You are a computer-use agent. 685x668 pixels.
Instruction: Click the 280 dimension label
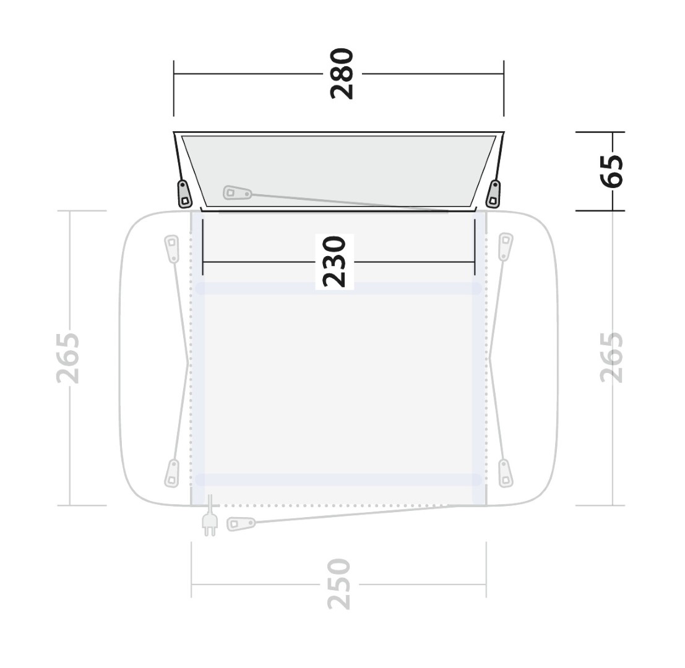click(342, 74)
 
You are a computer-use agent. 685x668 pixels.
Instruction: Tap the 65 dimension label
click(612, 171)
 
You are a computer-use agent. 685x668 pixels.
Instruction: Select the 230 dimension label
click(334, 262)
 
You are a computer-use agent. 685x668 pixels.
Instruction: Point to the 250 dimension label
click(339, 584)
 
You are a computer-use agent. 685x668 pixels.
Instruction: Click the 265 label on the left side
click(69, 358)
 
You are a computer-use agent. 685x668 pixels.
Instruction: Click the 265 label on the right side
click(611, 358)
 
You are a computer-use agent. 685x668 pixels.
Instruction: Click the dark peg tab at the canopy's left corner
click(184, 194)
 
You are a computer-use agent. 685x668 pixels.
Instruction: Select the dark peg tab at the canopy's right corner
click(494, 194)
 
